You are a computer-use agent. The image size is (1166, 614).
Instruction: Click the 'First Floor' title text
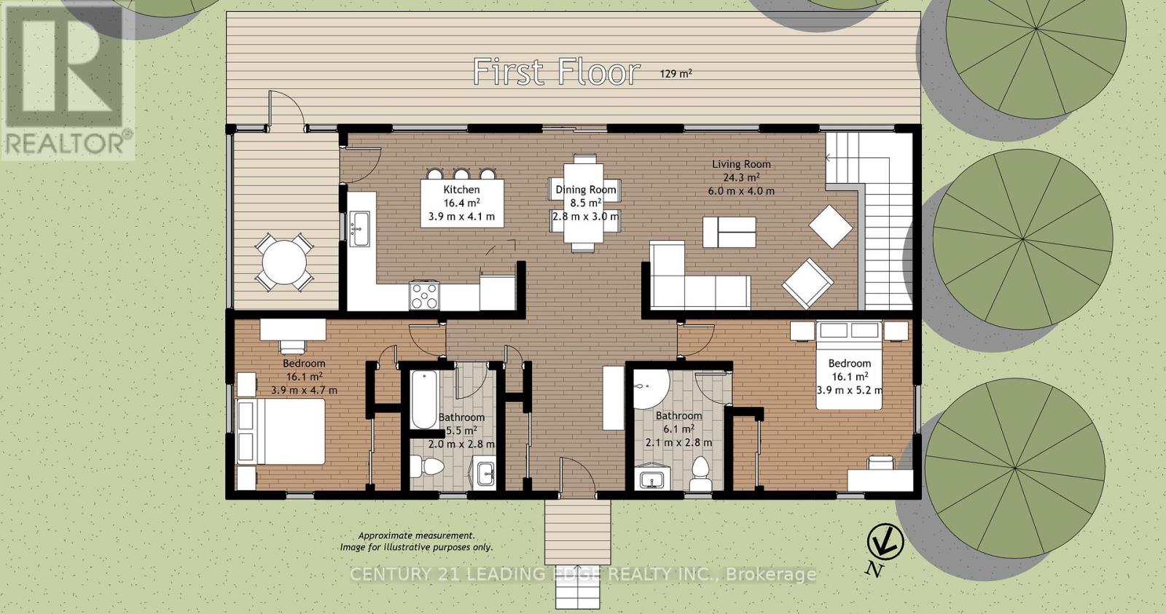(x=557, y=72)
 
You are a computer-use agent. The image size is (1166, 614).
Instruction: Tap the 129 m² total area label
(x=676, y=74)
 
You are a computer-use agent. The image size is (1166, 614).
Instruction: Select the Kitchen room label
(x=461, y=190)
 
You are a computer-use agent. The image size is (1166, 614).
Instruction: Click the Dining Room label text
(x=586, y=190)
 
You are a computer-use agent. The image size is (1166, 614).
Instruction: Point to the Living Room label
(x=741, y=164)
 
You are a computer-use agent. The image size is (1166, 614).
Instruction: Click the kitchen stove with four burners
(x=425, y=296)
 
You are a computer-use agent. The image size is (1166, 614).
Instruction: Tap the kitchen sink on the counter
(x=359, y=229)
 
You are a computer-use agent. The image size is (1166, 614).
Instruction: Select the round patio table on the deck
(x=284, y=262)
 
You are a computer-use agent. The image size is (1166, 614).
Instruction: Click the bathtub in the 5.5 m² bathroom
(x=423, y=400)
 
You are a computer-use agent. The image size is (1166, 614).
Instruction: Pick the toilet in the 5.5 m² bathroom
(x=427, y=466)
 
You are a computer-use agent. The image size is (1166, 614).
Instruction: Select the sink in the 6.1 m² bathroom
(x=651, y=478)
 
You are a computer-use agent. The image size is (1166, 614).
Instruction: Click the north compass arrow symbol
(x=885, y=543)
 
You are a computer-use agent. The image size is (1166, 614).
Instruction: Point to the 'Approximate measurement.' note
(x=416, y=535)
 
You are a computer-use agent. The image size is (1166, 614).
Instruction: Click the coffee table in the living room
(x=729, y=233)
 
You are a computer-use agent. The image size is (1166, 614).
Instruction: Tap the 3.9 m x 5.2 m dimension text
(x=850, y=390)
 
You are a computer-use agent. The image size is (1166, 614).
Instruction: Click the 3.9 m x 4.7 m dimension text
(x=304, y=390)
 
